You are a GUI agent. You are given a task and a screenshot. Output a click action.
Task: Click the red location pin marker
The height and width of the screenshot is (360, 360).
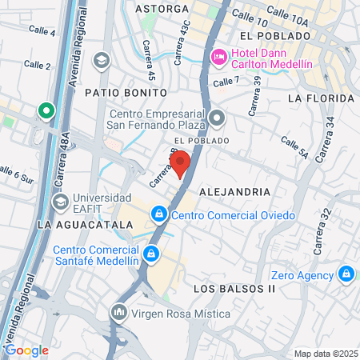click(180, 162)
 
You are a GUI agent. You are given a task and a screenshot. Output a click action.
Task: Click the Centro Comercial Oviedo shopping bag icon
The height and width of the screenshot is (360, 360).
click(159, 214)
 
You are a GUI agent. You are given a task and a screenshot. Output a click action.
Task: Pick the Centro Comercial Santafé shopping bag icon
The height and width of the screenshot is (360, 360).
click(150, 255)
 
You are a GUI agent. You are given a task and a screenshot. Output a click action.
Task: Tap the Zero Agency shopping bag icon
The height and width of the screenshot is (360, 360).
click(346, 274)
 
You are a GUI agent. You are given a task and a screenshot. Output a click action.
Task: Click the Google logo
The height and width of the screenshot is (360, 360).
click(27, 350)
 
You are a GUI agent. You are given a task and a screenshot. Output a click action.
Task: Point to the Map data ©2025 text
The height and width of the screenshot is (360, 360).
click(325, 354)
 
